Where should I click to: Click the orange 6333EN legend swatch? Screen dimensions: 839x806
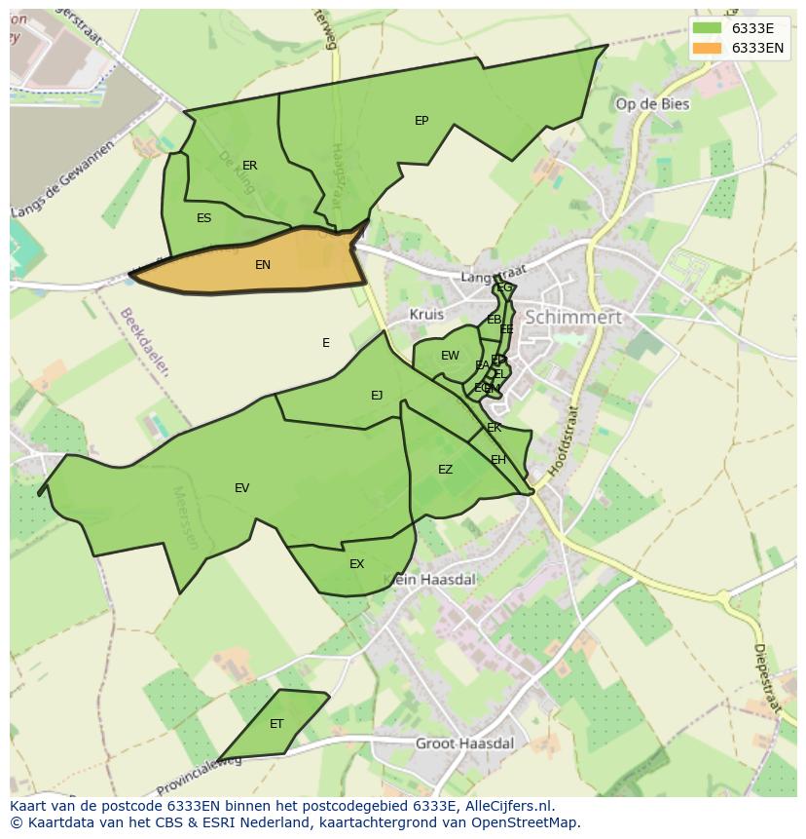(708, 48)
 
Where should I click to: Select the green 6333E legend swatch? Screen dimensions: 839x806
(708, 28)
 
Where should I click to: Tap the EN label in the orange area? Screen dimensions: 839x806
(263, 265)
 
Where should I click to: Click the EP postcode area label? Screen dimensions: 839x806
(421, 121)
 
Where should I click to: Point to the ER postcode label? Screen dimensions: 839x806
(250, 166)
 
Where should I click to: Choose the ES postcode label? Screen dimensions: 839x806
(203, 218)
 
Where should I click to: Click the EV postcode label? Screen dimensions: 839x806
(241, 488)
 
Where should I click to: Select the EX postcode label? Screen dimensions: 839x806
(356, 564)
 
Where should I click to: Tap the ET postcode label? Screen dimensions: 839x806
(276, 724)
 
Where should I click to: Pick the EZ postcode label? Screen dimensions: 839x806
(445, 470)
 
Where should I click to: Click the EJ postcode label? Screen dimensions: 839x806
(377, 396)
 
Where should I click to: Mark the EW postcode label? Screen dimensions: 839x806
(450, 356)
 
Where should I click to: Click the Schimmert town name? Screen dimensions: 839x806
(572, 318)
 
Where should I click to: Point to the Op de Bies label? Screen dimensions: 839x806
(652, 104)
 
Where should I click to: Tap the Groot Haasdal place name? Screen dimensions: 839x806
(464, 743)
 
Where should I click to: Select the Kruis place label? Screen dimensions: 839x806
(426, 315)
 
